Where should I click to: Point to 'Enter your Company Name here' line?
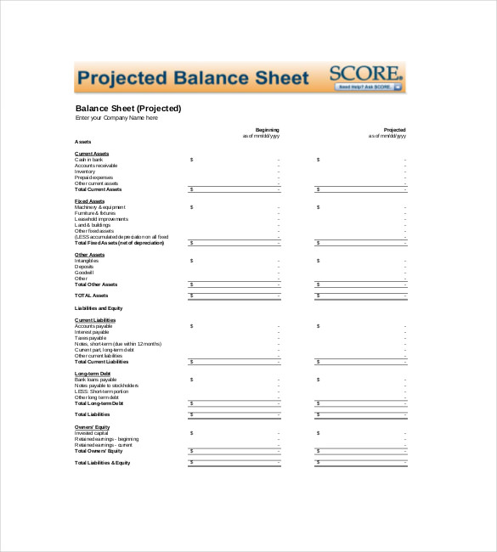(x=116, y=118)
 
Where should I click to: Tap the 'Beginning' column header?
(x=267, y=130)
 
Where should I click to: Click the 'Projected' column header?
(x=394, y=130)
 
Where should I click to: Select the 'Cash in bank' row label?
(x=89, y=159)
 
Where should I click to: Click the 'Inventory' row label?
(x=85, y=171)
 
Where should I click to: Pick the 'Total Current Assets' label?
(x=99, y=189)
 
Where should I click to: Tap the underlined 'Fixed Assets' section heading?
(x=89, y=200)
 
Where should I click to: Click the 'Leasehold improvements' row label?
(x=100, y=218)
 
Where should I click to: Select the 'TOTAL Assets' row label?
(x=92, y=296)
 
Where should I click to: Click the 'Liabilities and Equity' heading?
(x=99, y=307)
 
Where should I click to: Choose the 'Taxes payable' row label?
(x=91, y=337)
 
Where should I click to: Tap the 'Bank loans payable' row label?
(x=96, y=379)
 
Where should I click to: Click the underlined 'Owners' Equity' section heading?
(x=92, y=426)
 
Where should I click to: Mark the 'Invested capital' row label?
(x=93, y=432)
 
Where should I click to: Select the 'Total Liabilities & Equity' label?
(x=103, y=463)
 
